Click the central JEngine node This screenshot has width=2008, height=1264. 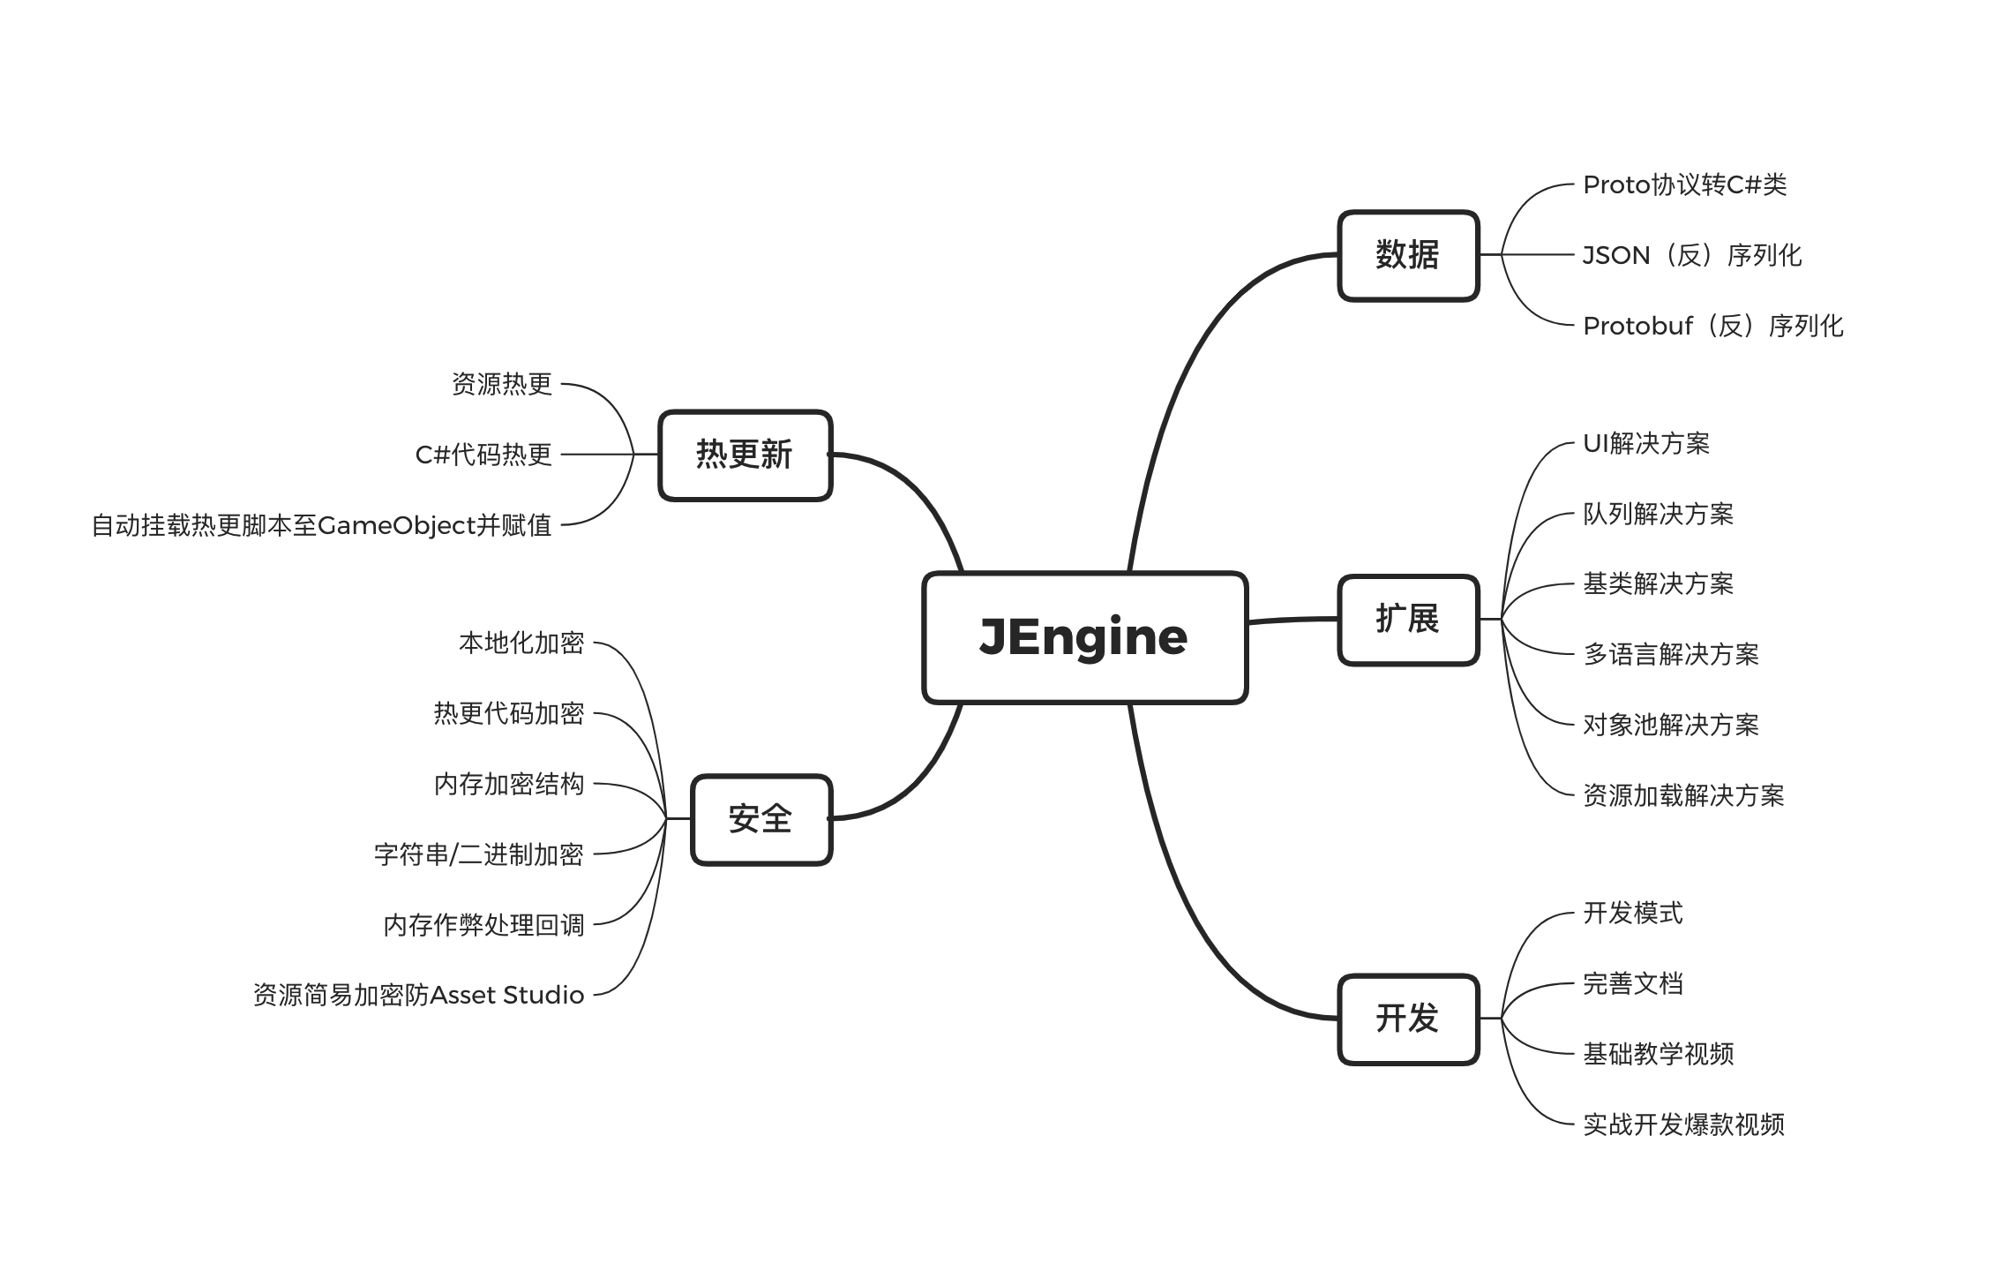click(x=1084, y=637)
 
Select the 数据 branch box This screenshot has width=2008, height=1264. click(x=1408, y=255)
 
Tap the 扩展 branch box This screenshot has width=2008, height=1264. click(x=1408, y=620)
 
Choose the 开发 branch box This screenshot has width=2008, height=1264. click(x=1408, y=1019)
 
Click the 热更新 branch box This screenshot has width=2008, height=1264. click(x=745, y=455)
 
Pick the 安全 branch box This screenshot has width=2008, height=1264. click(x=760, y=819)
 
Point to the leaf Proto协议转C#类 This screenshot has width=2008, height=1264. click(x=1684, y=184)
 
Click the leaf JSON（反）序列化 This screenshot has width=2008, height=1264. click(x=1692, y=255)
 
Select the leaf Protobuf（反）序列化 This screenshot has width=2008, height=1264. click(x=1712, y=326)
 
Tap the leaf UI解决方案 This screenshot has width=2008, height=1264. click(x=1646, y=443)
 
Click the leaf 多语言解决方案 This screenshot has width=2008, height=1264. click(x=1671, y=654)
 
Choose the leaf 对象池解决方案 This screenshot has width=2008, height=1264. click(x=1671, y=725)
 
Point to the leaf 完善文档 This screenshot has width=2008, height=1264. click(x=1633, y=983)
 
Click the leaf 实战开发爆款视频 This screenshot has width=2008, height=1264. click(x=1683, y=1125)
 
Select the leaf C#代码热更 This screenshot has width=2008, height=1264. click(x=483, y=455)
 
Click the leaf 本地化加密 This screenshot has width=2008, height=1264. click(x=521, y=643)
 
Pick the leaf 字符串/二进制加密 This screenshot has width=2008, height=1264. click(x=479, y=854)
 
